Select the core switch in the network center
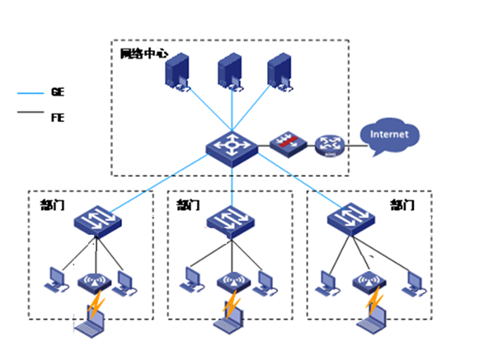(232, 149)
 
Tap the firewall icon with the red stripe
(288, 144)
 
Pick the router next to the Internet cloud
(330, 146)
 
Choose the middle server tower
(231, 72)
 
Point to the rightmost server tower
(280, 72)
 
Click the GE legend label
(58, 91)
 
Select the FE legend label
(58, 118)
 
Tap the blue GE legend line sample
(31, 93)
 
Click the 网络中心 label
(144, 54)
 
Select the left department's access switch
(98, 221)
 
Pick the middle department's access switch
(231, 222)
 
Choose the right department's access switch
(351, 219)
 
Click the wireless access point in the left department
(94, 283)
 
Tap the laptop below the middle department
(229, 320)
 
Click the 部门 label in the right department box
(402, 205)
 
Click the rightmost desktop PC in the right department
(414, 284)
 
